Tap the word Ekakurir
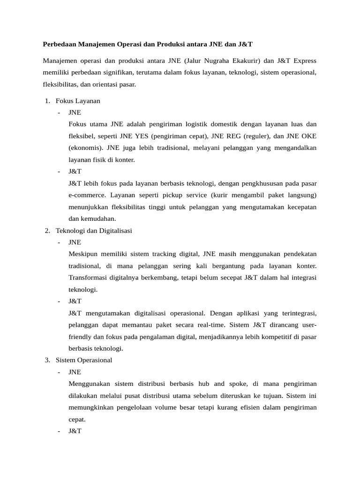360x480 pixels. click(249, 60)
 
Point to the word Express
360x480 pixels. click(303, 60)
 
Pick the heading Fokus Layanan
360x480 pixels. click(78, 101)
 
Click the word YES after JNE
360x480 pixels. click(142, 136)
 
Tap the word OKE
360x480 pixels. click(308, 136)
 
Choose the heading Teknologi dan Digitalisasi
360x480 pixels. click(94, 231)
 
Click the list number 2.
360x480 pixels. click(47, 231)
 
